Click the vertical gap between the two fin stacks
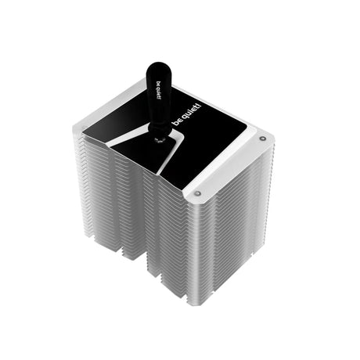coord(146,227)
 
